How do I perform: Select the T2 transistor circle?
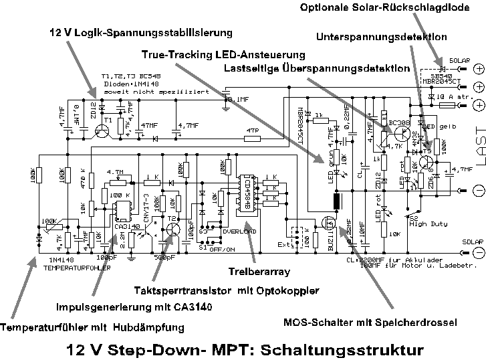[173, 228]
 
